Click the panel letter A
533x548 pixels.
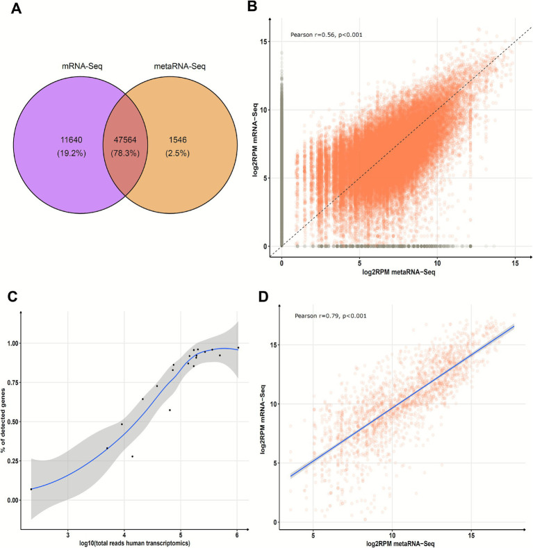coord(16,8)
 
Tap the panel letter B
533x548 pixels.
coord(252,7)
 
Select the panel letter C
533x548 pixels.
coord(13,297)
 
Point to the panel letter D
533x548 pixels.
coord(263,297)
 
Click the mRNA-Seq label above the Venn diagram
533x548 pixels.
coord(82,66)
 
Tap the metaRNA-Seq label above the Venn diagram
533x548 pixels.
coord(180,66)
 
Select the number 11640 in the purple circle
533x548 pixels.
coord(72,140)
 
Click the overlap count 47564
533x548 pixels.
coord(125,140)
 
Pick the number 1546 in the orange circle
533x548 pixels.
coord(178,140)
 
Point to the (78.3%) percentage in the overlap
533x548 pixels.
coord(125,153)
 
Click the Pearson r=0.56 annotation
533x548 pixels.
coord(327,35)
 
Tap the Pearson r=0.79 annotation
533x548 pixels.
coord(331,316)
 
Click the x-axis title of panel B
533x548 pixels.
coord(399,272)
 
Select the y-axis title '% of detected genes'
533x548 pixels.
coord(4,420)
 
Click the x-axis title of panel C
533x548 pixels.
coord(135,542)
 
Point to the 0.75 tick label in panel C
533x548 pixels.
coord(13,382)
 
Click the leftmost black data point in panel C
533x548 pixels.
coord(31,489)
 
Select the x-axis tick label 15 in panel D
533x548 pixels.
coord(471,535)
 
